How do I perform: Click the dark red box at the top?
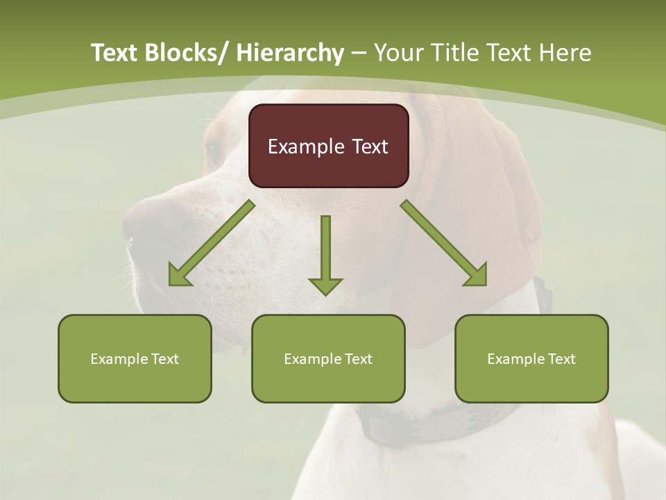[328, 146]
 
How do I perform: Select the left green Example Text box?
[135, 358]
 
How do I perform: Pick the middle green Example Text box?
[328, 358]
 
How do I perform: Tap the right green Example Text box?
[531, 358]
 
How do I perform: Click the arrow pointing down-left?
[211, 244]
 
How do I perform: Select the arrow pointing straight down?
[325, 254]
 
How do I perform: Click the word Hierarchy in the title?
[290, 53]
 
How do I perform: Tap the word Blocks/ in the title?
[182, 53]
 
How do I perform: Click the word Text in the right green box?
[561, 358]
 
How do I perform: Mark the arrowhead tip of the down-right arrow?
[485, 284]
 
